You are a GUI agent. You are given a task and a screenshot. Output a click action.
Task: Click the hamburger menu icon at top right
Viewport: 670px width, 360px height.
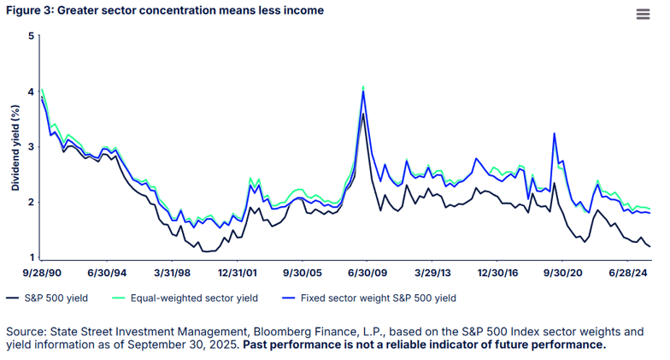point(643,14)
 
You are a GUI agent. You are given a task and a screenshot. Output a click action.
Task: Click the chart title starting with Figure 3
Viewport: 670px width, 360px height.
point(166,10)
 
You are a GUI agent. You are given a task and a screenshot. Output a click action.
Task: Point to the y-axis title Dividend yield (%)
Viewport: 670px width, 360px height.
point(15,147)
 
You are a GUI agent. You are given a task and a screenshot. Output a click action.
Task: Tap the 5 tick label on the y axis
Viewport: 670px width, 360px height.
point(31,36)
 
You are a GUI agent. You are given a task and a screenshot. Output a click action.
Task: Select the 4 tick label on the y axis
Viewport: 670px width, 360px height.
point(31,91)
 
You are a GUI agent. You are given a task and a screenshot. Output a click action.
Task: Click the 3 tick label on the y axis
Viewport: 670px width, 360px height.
point(31,147)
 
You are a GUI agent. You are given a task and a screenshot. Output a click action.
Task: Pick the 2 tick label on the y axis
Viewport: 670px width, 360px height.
point(31,203)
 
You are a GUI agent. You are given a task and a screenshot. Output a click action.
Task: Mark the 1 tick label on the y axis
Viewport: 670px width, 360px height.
point(31,257)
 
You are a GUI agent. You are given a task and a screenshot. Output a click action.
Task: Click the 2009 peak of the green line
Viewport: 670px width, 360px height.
point(363,86)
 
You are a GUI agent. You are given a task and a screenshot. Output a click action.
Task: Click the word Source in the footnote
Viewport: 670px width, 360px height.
point(26,331)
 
